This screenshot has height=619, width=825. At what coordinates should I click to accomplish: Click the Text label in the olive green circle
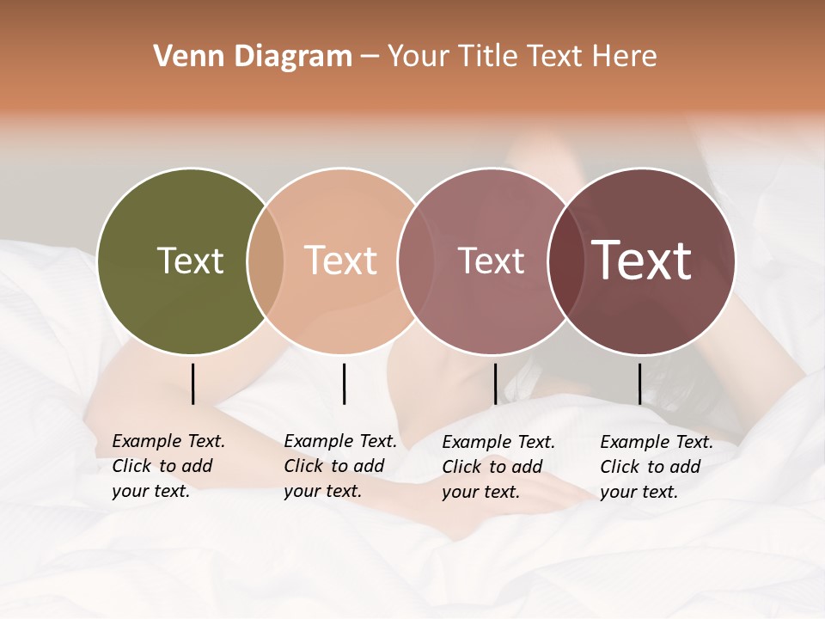pyautogui.click(x=190, y=260)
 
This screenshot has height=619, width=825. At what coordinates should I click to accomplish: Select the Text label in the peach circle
pyautogui.click(x=340, y=260)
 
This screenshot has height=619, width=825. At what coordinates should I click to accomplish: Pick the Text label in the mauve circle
pyautogui.click(x=491, y=260)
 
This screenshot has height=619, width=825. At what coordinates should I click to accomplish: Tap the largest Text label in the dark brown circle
pyautogui.click(x=641, y=260)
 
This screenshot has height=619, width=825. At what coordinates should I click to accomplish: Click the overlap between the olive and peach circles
pyautogui.click(x=266, y=261)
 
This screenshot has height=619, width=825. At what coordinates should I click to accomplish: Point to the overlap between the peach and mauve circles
pyautogui.click(x=415, y=261)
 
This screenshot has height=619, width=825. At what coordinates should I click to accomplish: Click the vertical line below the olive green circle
pyautogui.click(x=193, y=383)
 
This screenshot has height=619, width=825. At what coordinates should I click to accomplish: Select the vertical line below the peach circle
pyautogui.click(x=344, y=383)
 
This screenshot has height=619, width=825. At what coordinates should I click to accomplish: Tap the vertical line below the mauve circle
pyautogui.click(x=495, y=383)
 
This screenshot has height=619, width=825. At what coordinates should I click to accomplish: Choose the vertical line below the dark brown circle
pyautogui.click(x=639, y=383)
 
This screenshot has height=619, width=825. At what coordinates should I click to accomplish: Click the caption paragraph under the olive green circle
pyautogui.click(x=168, y=466)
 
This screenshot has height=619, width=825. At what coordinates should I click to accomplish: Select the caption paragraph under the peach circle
pyautogui.click(x=340, y=466)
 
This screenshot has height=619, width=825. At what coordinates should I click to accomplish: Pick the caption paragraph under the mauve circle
pyautogui.click(x=498, y=467)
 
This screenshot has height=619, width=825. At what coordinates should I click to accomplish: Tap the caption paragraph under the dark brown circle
pyautogui.click(x=657, y=467)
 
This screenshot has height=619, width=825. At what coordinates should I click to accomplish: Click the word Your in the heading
pyautogui.click(x=419, y=57)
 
